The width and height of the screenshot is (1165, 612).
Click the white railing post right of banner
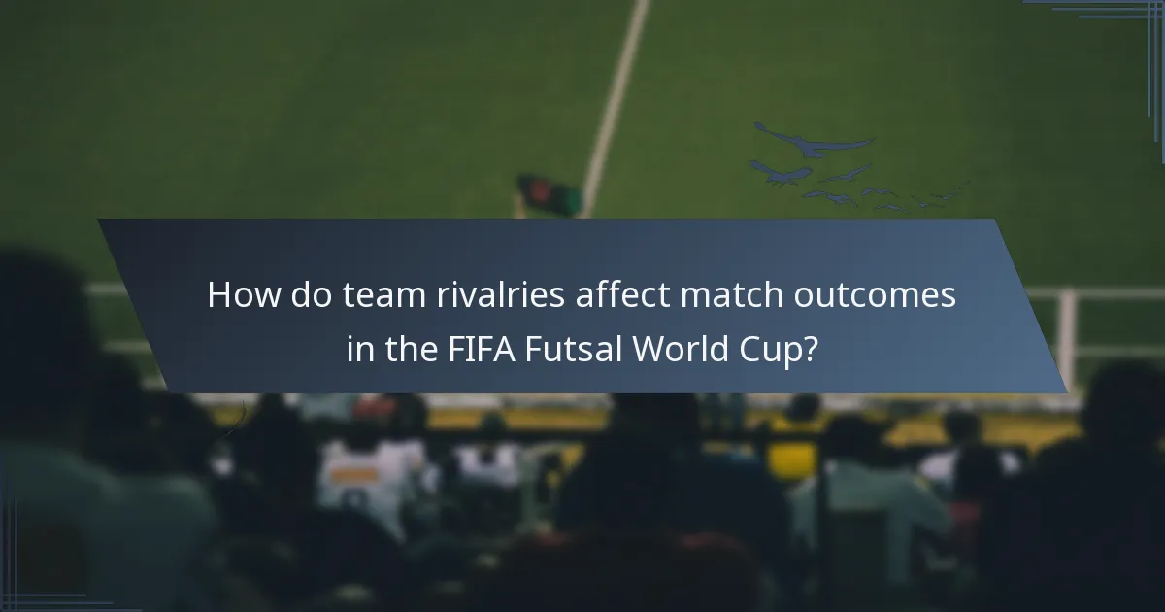point(1068,335)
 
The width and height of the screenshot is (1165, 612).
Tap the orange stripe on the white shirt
point(355,474)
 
